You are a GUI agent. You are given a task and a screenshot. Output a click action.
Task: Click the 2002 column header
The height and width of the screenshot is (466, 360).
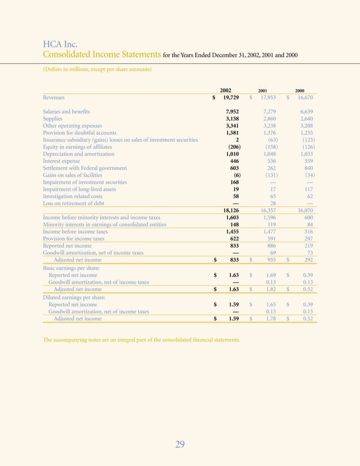click(226, 90)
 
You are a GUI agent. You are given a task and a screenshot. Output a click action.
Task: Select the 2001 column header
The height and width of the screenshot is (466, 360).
click(263, 90)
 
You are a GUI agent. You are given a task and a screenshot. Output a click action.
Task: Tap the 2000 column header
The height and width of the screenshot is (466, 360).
click(300, 90)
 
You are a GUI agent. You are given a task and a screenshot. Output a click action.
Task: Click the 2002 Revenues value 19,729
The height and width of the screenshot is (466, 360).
click(234, 98)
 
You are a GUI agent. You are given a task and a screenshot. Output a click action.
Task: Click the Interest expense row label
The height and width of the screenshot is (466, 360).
click(62, 161)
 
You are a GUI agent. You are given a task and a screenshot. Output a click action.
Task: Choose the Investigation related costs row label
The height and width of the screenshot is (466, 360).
click(72, 196)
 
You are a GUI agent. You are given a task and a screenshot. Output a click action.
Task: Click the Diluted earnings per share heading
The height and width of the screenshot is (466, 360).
click(74, 297)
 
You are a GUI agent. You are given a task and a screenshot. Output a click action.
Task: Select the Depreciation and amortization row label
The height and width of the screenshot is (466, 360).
click(78, 154)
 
